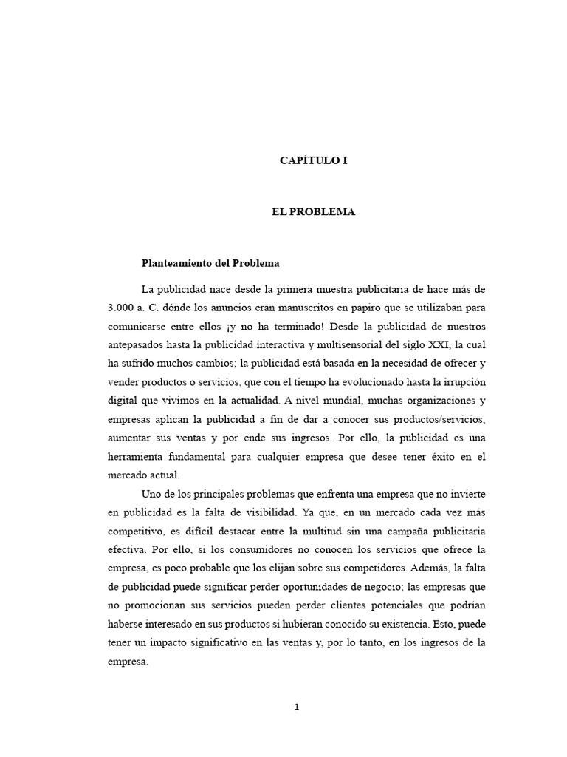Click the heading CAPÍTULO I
(x=312, y=160)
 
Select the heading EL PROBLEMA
(x=313, y=212)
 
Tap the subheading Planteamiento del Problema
(x=210, y=262)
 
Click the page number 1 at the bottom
(x=297, y=707)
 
